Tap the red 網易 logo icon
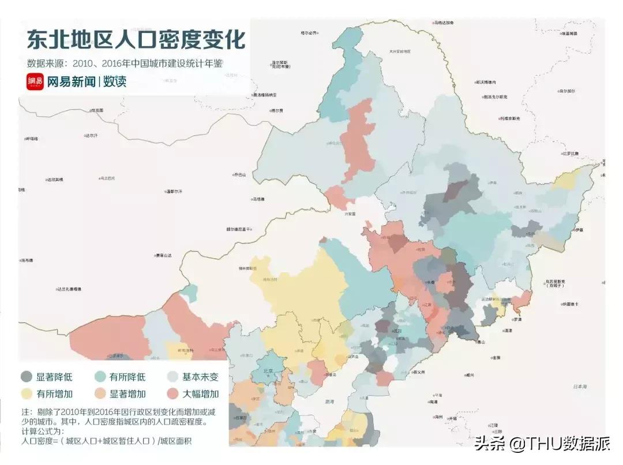point(35,81)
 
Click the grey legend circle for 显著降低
point(27,377)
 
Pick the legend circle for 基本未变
point(172,377)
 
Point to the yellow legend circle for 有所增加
point(27,395)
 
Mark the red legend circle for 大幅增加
point(172,395)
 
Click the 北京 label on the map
point(268,371)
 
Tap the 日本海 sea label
point(577,386)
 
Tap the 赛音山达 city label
point(164,255)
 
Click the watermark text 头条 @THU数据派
point(542,444)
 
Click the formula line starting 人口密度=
point(107,441)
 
